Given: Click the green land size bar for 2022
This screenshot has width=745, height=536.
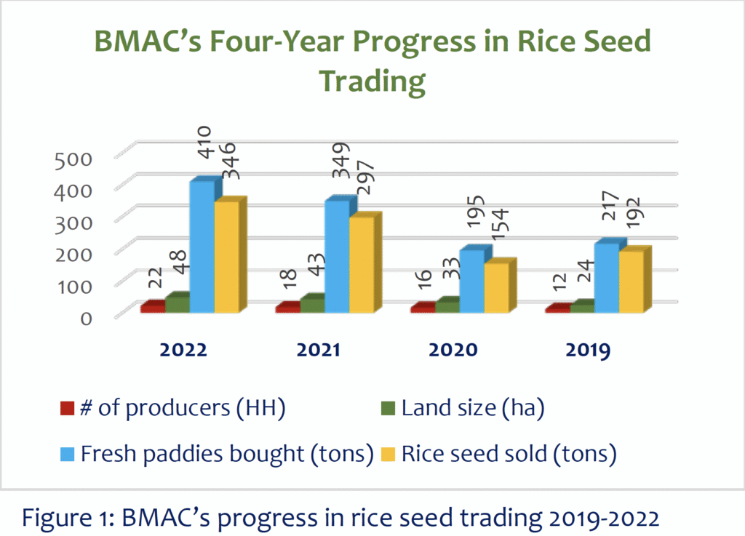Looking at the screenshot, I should (x=177, y=305).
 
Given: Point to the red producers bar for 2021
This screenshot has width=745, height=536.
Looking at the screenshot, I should (x=287, y=308).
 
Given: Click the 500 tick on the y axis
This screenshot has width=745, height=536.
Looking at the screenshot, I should (x=74, y=158).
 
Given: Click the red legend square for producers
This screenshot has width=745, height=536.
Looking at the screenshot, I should (x=67, y=408).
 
